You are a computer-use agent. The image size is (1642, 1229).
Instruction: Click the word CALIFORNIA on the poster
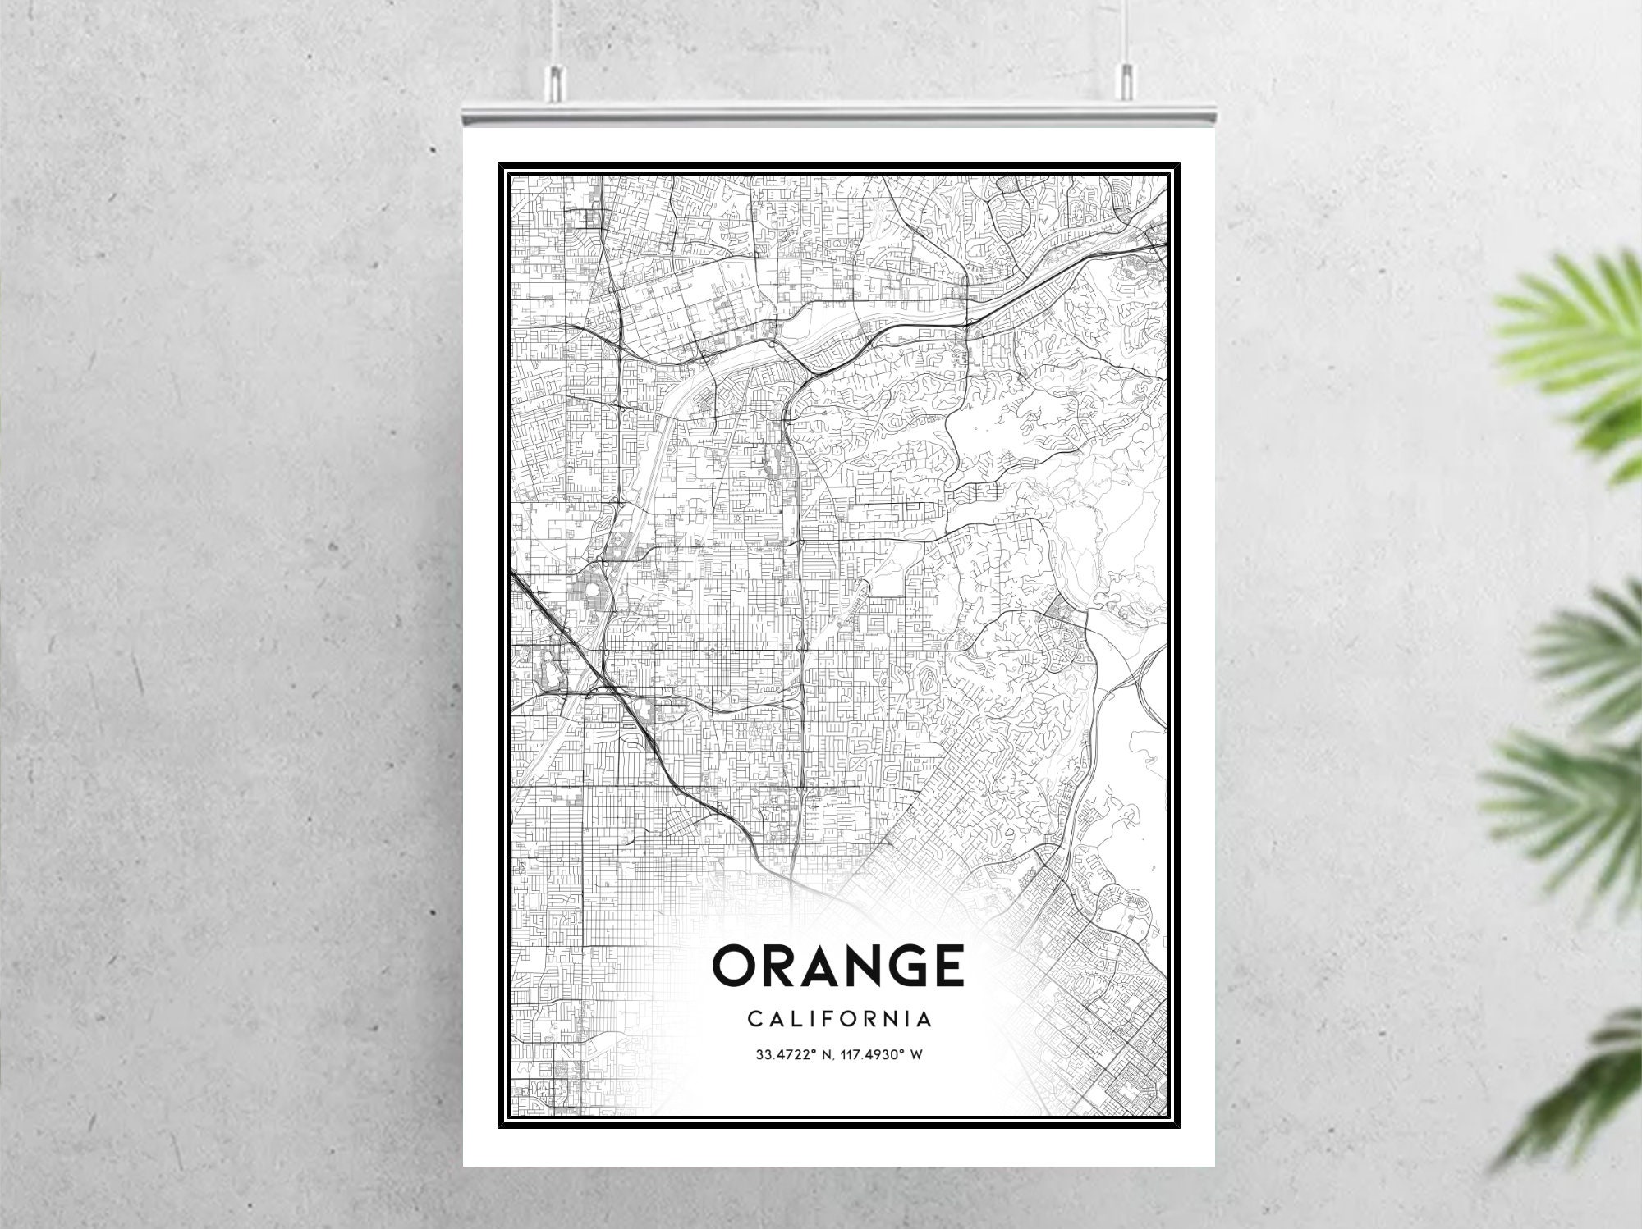pos(840,1020)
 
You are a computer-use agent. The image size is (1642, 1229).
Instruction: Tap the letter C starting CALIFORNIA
pos(754,1020)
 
